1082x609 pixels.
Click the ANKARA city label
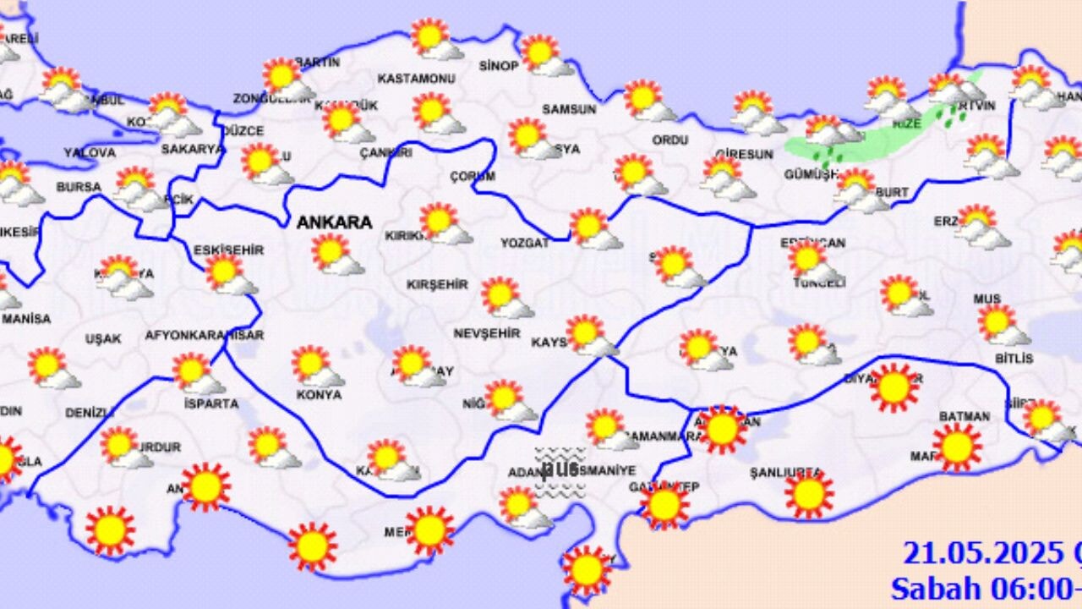pos(334,223)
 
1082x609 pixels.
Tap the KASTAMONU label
pos(416,79)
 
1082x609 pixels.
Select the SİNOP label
pos(498,66)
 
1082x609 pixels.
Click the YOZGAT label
pos(524,243)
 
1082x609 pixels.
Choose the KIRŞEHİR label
pos(437,285)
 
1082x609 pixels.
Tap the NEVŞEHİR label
pos(487,334)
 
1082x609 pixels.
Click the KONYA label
pos(319,395)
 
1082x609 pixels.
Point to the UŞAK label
pos(103,339)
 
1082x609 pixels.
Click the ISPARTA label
pos(211,404)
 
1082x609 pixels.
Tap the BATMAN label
pos(965,417)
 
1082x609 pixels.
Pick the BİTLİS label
pos(1014,359)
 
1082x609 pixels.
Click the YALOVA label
pos(89,153)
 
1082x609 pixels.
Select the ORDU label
pos(669,140)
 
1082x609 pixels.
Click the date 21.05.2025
pos(981,553)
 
